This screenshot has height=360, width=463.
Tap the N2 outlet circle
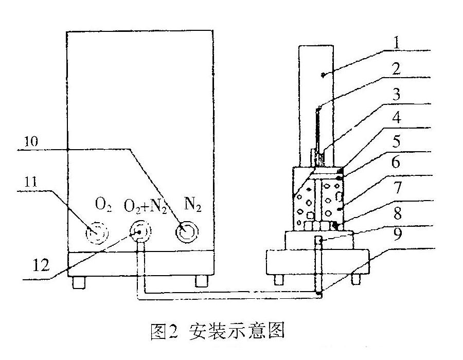[186, 232]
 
